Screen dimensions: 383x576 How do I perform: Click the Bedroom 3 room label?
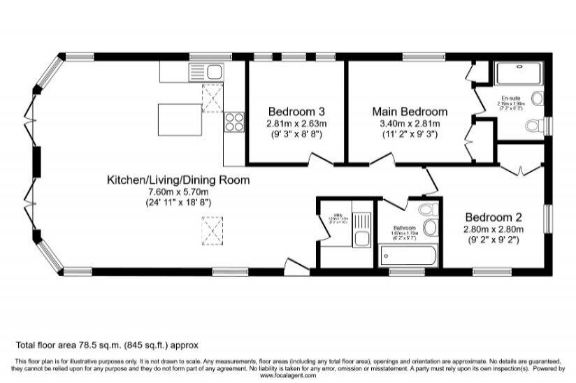[296, 111]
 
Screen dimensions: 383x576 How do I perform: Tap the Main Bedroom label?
[410, 111]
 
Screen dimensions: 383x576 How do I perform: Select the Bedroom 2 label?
[494, 217]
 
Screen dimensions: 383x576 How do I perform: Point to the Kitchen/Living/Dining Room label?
[178, 180]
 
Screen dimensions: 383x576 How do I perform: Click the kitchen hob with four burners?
[233, 123]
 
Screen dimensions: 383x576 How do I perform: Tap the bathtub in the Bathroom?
[408, 255]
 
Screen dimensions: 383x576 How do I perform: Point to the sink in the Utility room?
[361, 240]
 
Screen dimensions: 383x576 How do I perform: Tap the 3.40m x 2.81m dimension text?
[410, 123]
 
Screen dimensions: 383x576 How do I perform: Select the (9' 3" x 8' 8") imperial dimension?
[296, 133]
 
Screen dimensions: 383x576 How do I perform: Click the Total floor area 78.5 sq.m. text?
[108, 345]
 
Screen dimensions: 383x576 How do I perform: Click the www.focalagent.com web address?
[287, 375]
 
